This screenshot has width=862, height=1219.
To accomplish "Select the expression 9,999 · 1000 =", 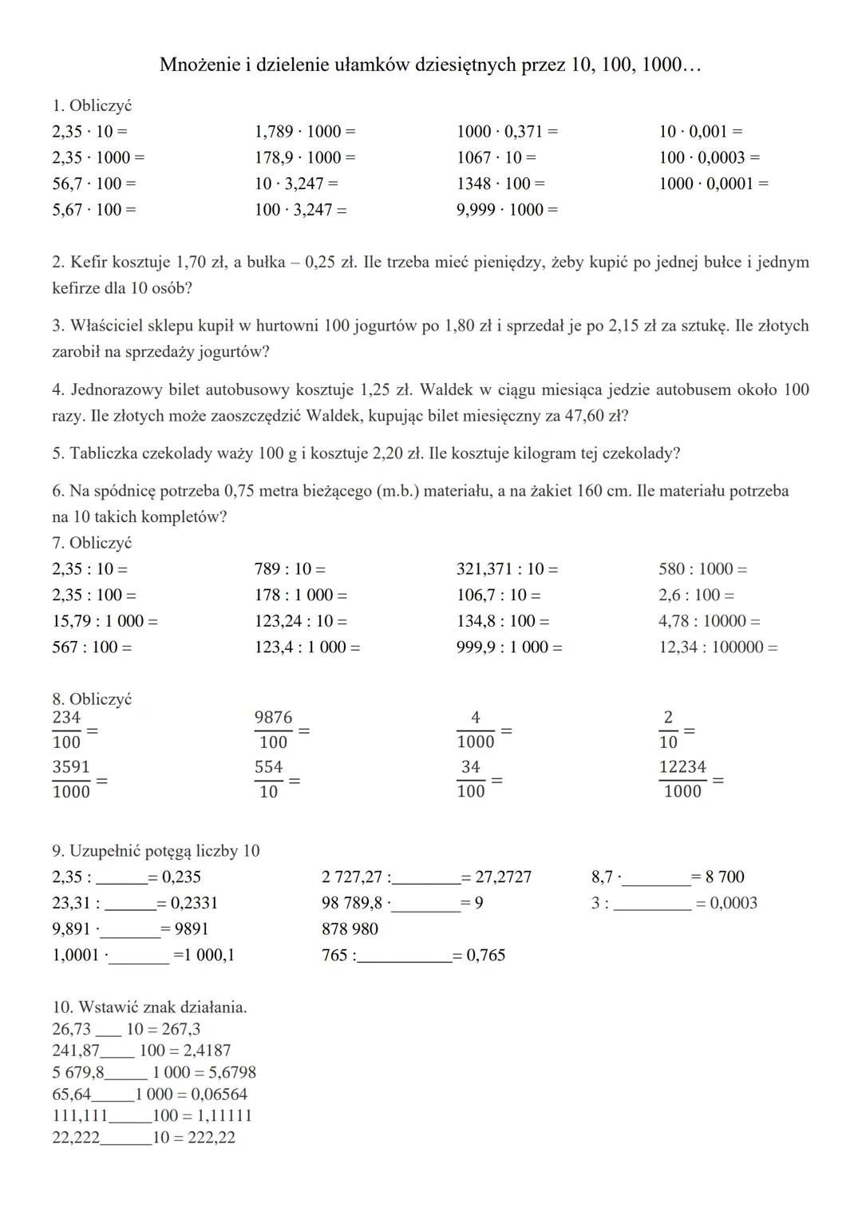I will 507,210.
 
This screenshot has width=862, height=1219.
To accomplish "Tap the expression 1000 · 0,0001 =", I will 713,184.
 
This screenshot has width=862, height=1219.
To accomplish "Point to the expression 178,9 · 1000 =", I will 305,157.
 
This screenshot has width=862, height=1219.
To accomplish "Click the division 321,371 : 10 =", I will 507,569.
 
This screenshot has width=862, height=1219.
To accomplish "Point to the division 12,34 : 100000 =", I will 718,647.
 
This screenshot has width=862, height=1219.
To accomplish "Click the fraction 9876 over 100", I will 273,730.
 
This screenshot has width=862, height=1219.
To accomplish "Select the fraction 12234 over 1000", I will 682,779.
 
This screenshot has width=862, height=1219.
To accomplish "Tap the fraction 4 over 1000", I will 476,730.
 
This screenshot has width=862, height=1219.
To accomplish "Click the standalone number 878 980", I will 350,929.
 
